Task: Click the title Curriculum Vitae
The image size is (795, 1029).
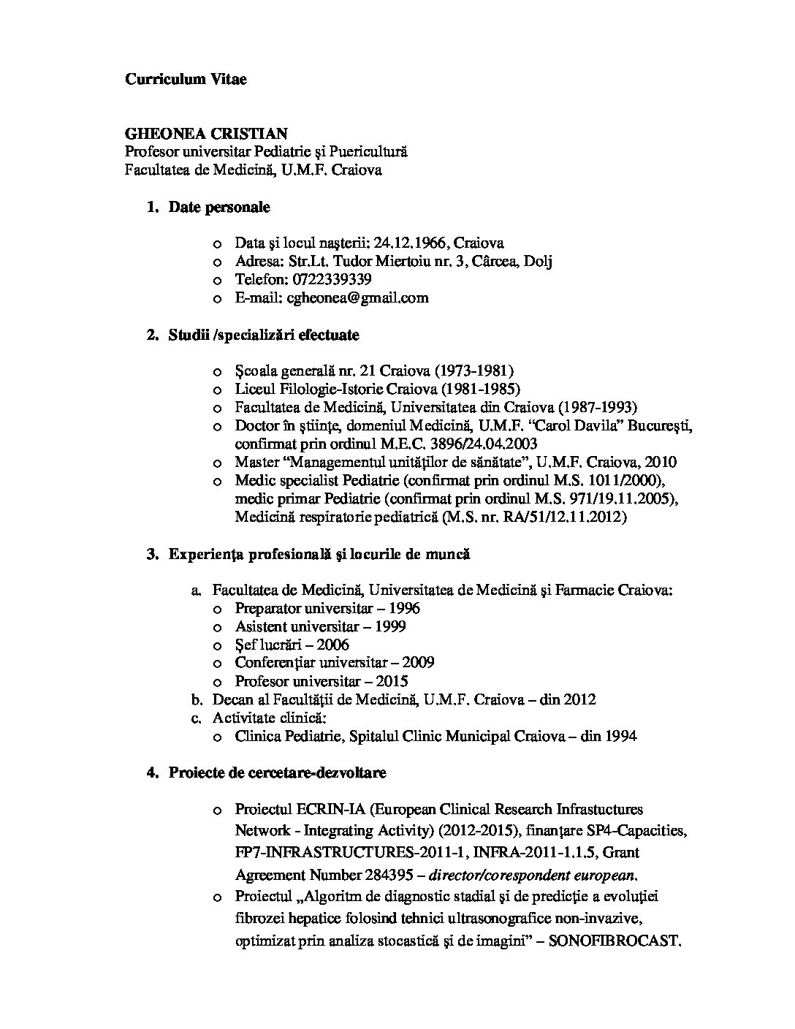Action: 186,79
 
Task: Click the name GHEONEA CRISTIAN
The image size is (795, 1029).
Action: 206,134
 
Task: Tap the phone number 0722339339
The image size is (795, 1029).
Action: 332,280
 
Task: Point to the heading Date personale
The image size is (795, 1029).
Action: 219,208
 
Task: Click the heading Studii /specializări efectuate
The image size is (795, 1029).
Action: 264,335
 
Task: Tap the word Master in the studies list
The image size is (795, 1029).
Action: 257,463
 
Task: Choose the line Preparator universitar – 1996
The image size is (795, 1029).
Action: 327,609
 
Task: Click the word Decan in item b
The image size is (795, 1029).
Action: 232,699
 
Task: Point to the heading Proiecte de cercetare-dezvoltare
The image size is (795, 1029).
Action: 278,772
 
